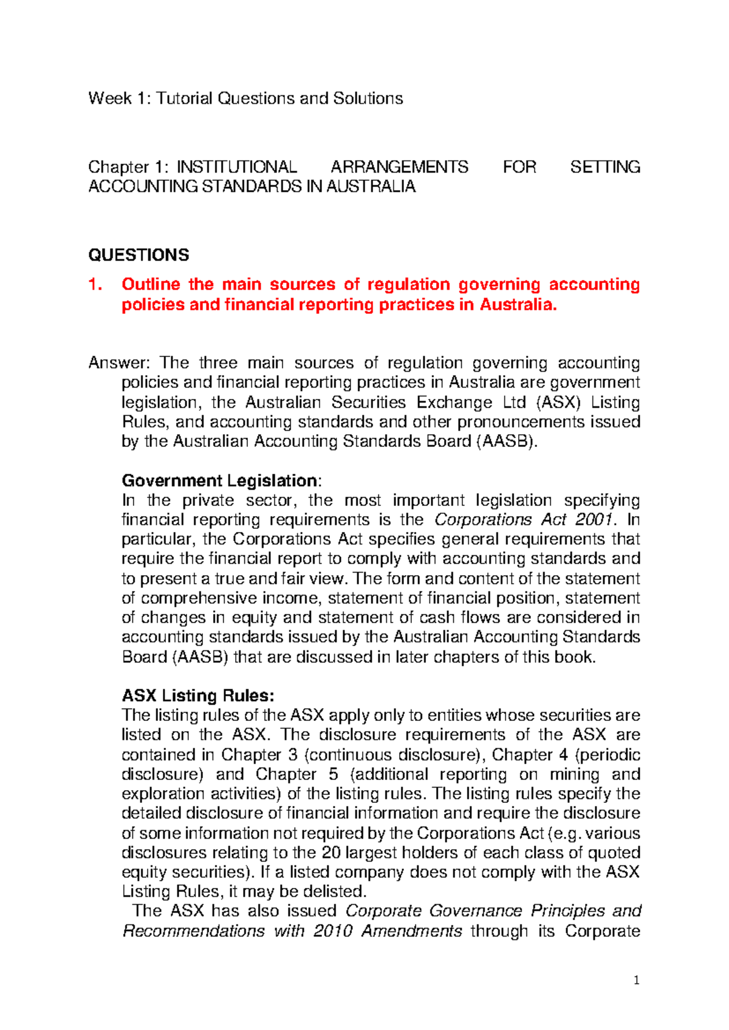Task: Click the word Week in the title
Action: pos(109,98)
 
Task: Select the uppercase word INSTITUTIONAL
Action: pos(236,167)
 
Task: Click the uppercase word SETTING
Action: pos(605,167)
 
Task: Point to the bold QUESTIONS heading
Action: pos(139,255)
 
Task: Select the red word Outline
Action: pos(151,284)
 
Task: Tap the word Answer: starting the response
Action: pos(119,363)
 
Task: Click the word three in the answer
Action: pos(218,363)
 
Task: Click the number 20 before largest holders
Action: pos(330,853)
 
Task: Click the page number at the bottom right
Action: pos(636,980)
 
